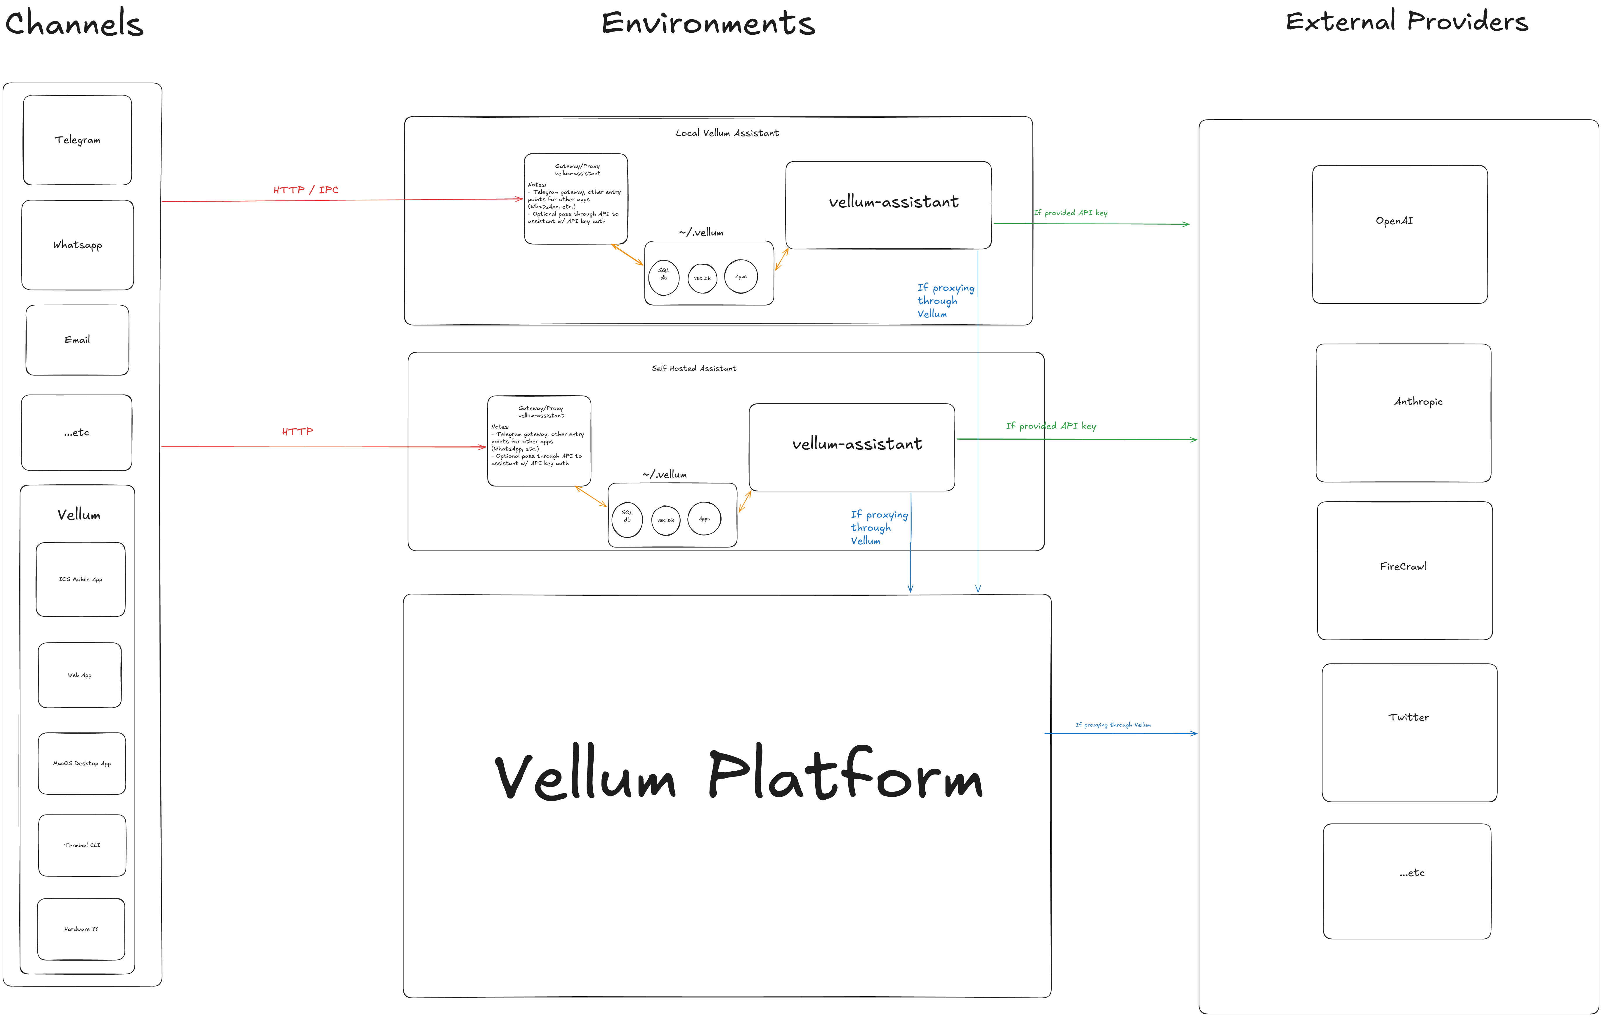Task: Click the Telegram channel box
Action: click(x=77, y=140)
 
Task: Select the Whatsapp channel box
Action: click(x=77, y=245)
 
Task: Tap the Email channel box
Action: click(x=77, y=340)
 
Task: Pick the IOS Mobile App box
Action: click(x=81, y=579)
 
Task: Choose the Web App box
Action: click(x=80, y=675)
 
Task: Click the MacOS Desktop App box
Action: click(x=82, y=763)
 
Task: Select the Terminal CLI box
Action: click(x=82, y=845)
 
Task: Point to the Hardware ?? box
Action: click(x=81, y=929)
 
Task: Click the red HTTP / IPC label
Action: click(x=305, y=190)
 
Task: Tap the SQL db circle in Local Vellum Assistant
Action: click(x=663, y=277)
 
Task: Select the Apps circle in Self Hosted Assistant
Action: click(x=704, y=519)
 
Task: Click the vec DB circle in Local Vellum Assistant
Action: click(x=702, y=278)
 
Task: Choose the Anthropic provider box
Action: click(x=1403, y=413)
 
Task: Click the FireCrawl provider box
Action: click(x=1405, y=570)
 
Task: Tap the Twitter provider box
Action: click(x=1409, y=732)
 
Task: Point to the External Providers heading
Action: click(x=1406, y=21)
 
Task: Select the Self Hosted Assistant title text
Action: click(x=694, y=368)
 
